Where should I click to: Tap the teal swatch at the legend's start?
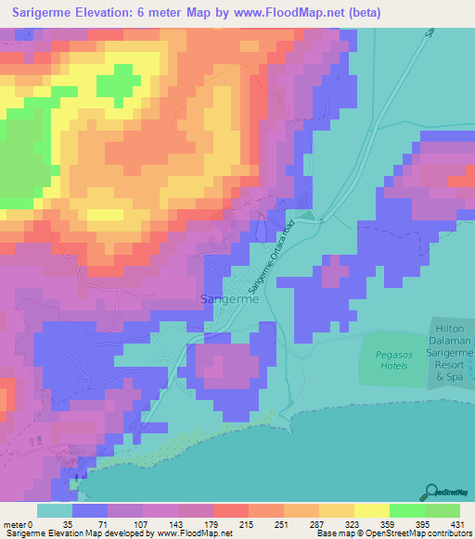coord(55,511)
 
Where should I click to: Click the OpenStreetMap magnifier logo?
coord(432,491)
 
